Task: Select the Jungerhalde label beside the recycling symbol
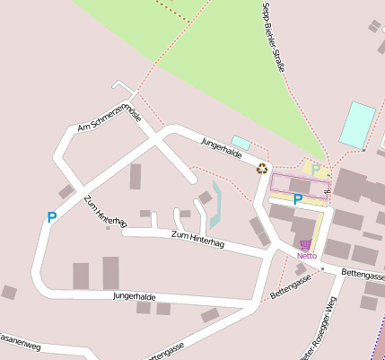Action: (222, 148)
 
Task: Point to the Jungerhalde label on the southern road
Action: (135, 295)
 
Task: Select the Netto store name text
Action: (306, 255)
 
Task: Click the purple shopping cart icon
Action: (306, 244)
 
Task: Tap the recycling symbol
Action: (262, 168)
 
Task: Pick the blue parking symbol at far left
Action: (51, 216)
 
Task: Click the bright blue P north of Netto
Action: (297, 199)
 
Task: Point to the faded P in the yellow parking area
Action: (316, 169)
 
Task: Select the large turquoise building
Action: (357, 124)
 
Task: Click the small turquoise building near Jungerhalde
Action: (241, 142)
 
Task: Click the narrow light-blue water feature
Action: (215, 206)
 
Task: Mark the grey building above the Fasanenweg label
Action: (9, 292)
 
